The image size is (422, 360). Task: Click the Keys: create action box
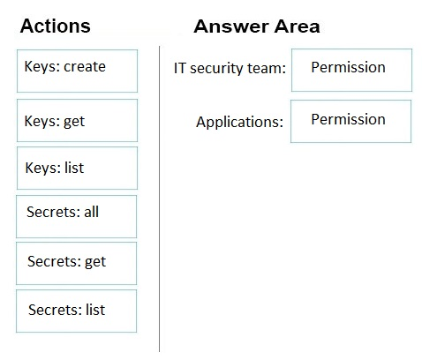click(x=77, y=71)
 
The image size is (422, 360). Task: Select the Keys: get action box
click(x=77, y=120)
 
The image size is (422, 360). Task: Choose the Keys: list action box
click(x=77, y=168)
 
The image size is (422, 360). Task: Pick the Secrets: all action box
click(x=77, y=216)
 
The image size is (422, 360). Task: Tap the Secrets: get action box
click(x=77, y=264)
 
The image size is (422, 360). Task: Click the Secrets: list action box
click(x=77, y=311)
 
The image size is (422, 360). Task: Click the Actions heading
click(x=56, y=26)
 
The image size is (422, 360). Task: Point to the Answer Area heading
click(x=257, y=26)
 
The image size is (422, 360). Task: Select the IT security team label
click(x=230, y=68)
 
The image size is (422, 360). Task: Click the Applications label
click(x=239, y=122)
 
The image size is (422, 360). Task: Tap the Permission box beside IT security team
click(x=351, y=70)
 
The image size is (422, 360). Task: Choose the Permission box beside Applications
click(x=350, y=121)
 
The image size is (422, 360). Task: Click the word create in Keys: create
click(x=85, y=67)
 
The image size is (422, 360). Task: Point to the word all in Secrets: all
click(x=92, y=212)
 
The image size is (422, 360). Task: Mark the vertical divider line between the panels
click(x=160, y=199)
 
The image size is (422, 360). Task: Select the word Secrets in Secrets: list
click(x=54, y=310)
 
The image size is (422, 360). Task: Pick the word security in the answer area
click(x=216, y=69)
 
